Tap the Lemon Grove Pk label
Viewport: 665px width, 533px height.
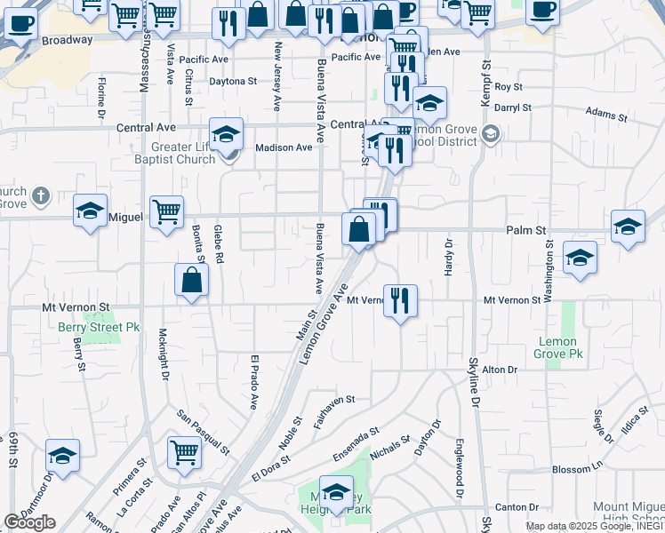(557, 347)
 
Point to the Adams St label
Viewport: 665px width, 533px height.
(606, 115)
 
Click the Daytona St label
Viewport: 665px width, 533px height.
(233, 81)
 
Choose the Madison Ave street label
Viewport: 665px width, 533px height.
(284, 147)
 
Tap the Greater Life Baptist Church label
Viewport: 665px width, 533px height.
(183, 154)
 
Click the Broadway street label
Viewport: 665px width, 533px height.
(67, 40)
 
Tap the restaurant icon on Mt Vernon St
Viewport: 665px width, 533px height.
(400, 300)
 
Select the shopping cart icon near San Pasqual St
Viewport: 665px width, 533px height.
(184, 451)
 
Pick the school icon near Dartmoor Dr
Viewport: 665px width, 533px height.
(62, 455)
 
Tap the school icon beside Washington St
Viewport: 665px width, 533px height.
(581, 258)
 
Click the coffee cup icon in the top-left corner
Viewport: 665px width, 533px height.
(20, 24)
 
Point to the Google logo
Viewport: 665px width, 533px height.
(28, 522)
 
